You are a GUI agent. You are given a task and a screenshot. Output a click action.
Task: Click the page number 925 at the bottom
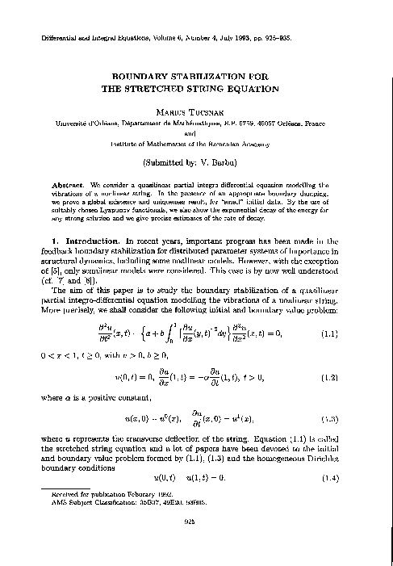pos(196,543)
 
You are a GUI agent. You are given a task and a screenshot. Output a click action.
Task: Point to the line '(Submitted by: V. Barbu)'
pos(196,161)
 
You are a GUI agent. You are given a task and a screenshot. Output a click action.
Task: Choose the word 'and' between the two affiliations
pos(196,135)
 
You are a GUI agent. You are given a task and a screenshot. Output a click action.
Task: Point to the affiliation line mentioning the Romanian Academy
pos(196,145)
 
